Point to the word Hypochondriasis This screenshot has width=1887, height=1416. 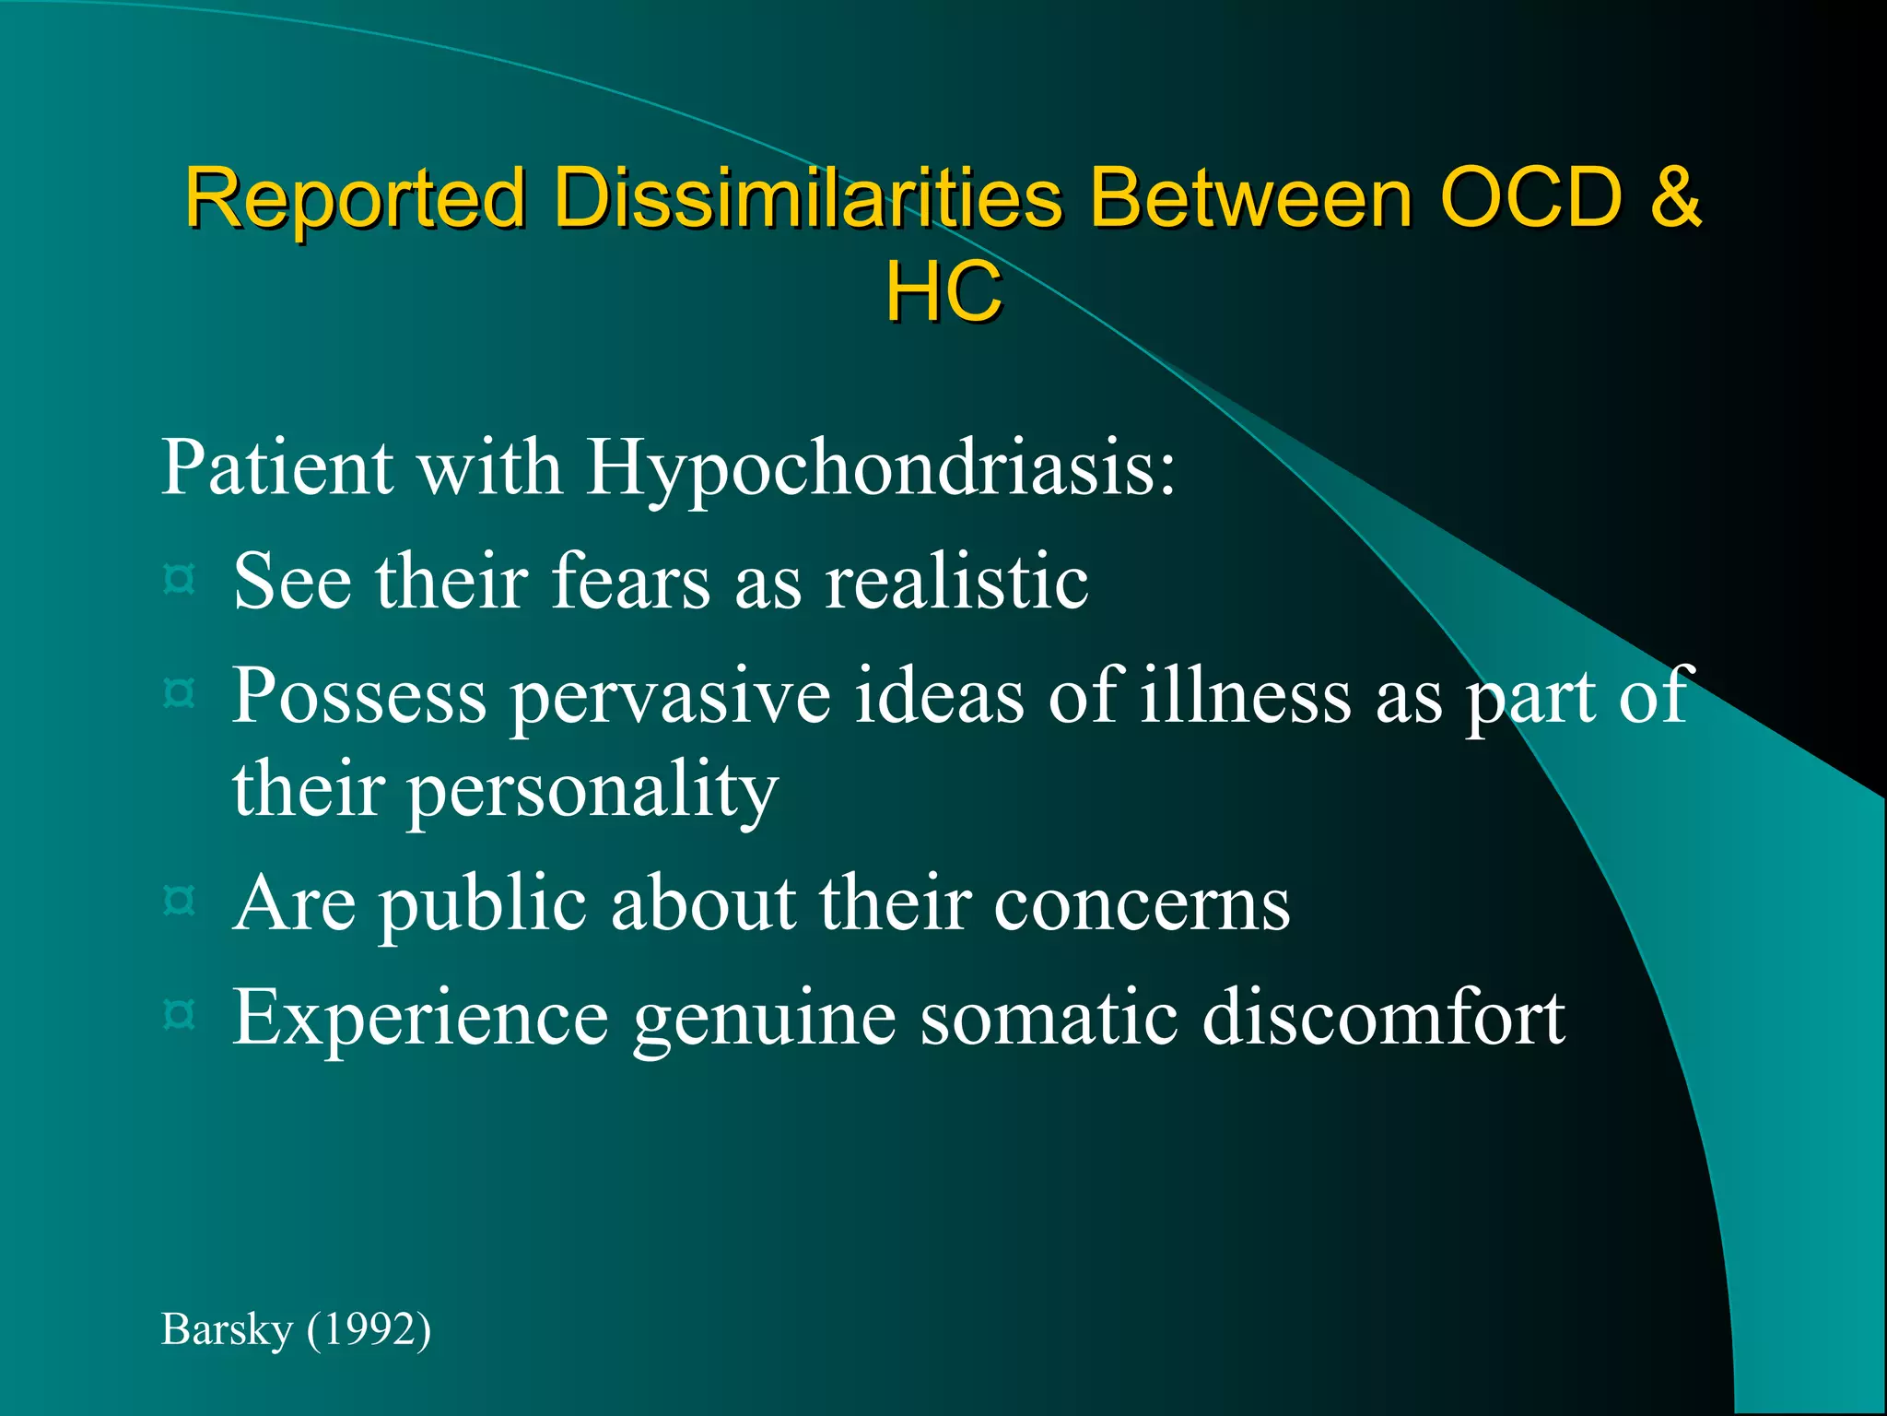[880, 468]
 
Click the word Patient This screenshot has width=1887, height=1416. [277, 466]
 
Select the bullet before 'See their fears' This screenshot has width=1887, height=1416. [179, 580]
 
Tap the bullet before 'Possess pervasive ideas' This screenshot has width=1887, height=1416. [179, 692]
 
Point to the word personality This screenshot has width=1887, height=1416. [592, 791]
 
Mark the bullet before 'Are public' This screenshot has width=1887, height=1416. [179, 900]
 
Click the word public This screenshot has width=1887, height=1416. [483, 903]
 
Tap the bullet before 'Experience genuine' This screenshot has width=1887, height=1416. [179, 1015]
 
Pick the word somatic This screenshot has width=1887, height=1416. [1049, 1017]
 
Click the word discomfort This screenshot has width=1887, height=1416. [1383, 1017]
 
